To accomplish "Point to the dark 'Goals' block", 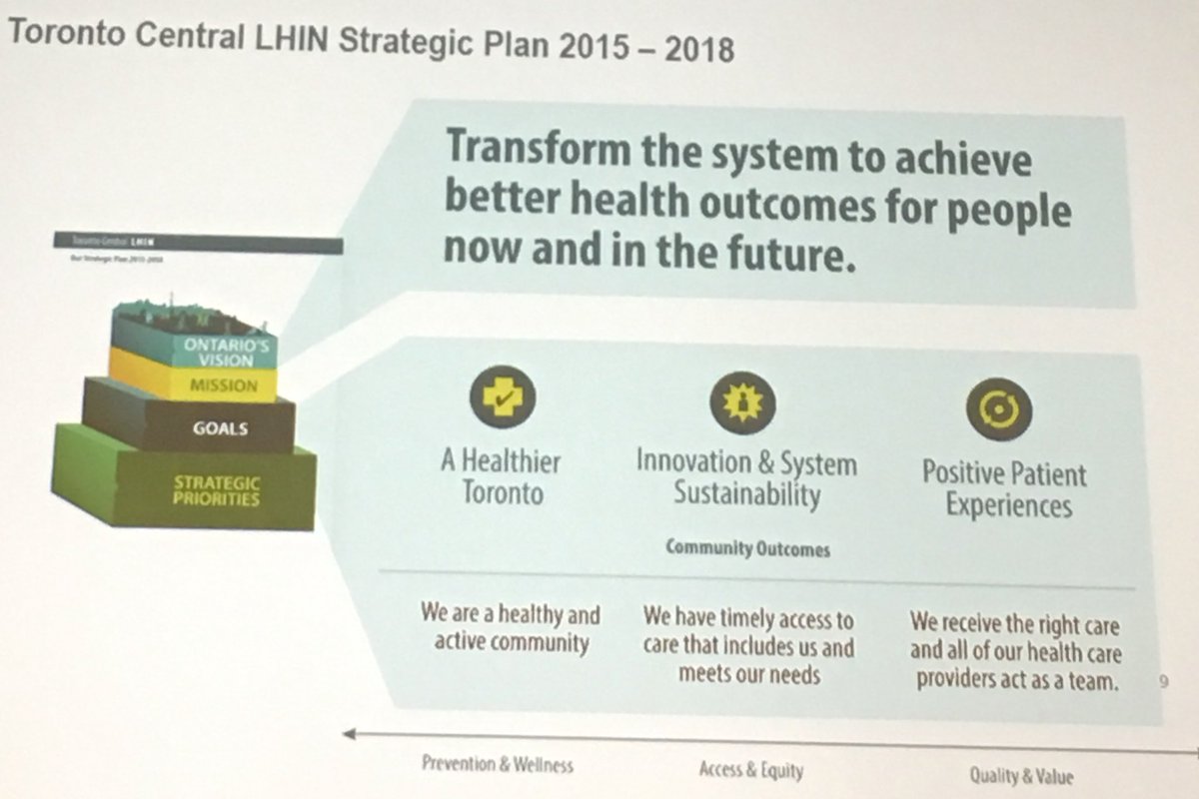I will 221,429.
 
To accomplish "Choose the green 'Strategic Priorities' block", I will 216,490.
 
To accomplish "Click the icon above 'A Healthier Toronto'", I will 502,396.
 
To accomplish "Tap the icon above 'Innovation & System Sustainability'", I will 742,401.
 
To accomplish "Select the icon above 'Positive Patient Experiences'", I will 998,408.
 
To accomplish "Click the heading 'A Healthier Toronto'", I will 502,477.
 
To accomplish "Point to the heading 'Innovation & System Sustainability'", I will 746,478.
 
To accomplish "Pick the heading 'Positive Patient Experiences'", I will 1004,488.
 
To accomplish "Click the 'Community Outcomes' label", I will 747,548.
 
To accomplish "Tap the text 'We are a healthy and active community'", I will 511,627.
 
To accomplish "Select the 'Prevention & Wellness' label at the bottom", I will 498,765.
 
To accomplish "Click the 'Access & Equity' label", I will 751,769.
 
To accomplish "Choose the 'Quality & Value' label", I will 1021,775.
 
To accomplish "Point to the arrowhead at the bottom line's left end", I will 349,734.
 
